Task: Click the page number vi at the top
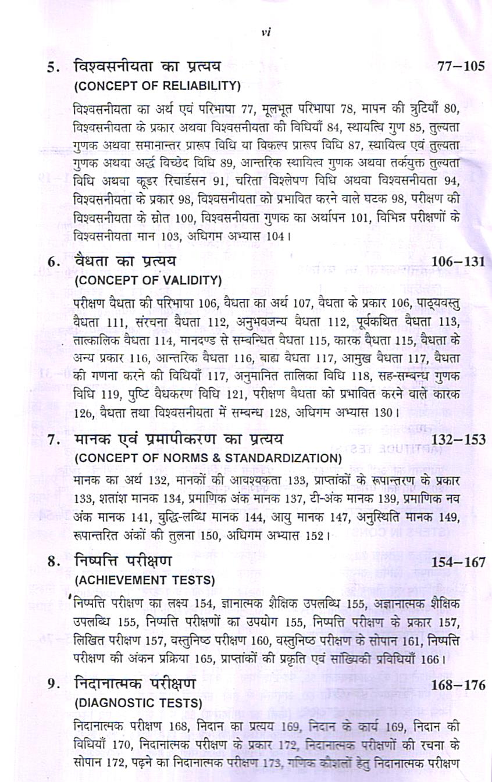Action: click(x=266, y=33)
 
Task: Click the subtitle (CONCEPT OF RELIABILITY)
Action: click(x=158, y=85)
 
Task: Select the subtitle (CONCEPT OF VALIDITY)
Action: click(x=148, y=280)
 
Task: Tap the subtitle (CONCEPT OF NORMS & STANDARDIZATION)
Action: click(x=208, y=458)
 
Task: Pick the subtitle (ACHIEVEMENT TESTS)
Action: click(x=145, y=580)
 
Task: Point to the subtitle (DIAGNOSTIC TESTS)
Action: click(x=138, y=703)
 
